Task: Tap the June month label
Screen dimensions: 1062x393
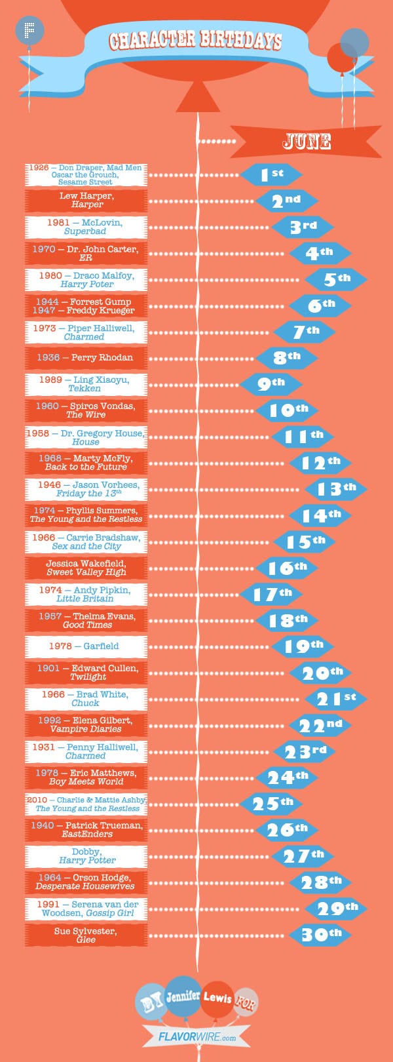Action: point(307,141)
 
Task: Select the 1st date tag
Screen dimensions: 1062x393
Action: point(271,174)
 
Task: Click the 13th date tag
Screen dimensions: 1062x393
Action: point(335,488)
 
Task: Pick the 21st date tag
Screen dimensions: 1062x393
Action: point(335,699)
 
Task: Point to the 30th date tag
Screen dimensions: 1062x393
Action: point(320,934)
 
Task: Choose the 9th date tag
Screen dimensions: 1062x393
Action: point(271,383)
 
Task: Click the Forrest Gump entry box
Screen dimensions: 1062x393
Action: point(86,306)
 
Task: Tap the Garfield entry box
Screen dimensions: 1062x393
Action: point(86,646)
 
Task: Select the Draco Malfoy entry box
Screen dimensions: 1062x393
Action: point(86,280)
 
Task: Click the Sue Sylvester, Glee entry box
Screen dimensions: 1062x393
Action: point(86,935)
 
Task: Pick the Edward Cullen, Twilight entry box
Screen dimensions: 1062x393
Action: point(86,673)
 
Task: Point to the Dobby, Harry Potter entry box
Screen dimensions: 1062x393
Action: point(86,856)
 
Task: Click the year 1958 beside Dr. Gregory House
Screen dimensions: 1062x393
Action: point(38,433)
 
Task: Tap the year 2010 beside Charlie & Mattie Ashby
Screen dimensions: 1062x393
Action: point(37,800)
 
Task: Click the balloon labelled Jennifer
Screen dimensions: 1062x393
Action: point(183,996)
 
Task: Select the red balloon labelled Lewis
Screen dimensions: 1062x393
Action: point(217,998)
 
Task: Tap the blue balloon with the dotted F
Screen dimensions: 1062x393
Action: point(29,30)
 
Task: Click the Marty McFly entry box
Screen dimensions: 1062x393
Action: point(86,463)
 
